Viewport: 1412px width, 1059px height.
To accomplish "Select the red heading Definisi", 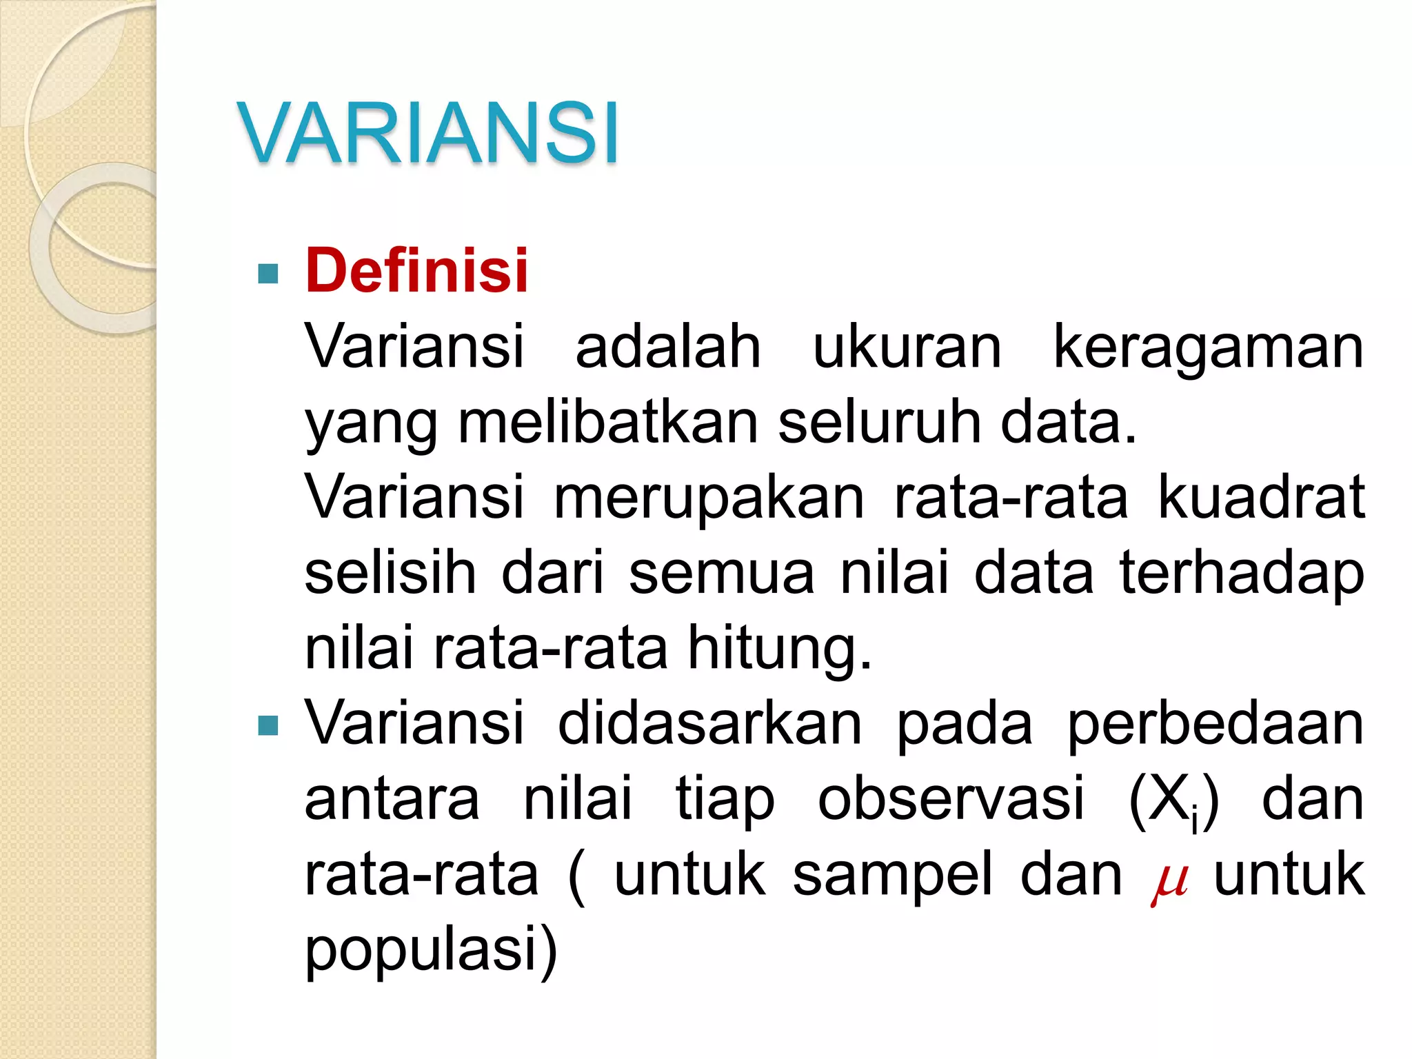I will (x=416, y=270).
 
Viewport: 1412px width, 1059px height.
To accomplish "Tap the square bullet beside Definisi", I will (x=268, y=274).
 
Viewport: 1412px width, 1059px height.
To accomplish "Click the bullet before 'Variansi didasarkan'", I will (x=268, y=725).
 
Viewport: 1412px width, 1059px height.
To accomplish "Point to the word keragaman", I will (x=1208, y=348).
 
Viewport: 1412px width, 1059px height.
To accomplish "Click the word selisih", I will (x=390, y=572).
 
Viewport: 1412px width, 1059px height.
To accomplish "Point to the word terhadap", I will (x=1241, y=574).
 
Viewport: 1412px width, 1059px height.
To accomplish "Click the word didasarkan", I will (x=710, y=724).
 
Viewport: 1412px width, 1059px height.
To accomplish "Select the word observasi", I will (x=951, y=800).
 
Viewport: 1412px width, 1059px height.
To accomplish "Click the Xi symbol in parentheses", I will (x=1173, y=801).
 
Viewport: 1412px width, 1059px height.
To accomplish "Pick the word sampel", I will (x=892, y=876).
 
